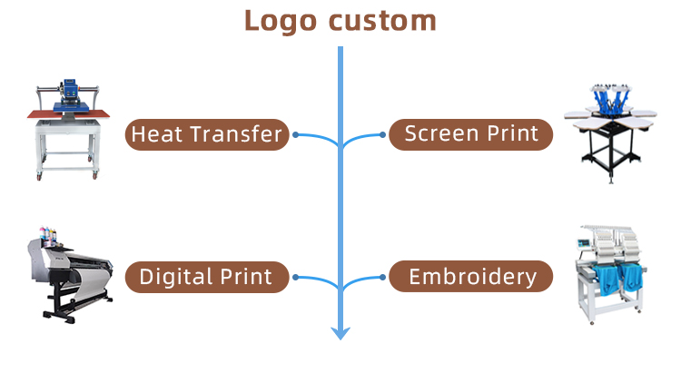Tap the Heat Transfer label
click(207, 135)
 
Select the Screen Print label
click(470, 134)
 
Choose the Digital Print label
click(207, 277)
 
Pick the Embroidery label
click(470, 277)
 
